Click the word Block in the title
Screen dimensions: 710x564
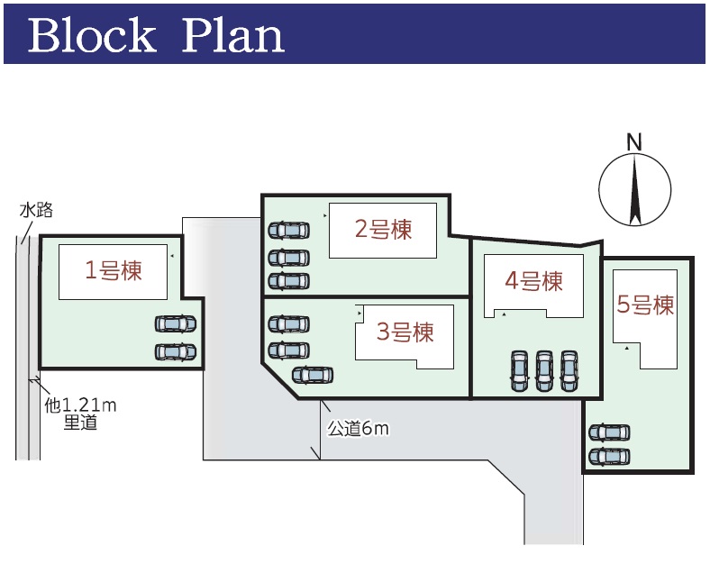coord(92,35)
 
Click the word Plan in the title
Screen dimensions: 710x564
coord(233,35)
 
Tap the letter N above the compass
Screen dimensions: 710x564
coord(634,142)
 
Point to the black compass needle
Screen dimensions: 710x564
coord(635,189)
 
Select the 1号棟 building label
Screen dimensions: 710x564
coord(114,270)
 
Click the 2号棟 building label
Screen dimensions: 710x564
coord(384,229)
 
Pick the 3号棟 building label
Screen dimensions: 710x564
coord(405,332)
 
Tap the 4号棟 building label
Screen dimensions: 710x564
coord(534,280)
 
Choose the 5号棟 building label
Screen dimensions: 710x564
coord(646,305)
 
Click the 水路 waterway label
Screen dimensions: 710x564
coord(36,210)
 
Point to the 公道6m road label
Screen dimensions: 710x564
coord(359,428)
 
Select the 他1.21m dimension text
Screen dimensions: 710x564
coord(80,405)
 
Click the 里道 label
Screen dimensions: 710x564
coord(80,423)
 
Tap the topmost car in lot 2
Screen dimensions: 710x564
coord(289,231)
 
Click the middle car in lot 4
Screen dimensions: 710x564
coord(544,370)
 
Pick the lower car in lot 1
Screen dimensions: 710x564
coord(176,352)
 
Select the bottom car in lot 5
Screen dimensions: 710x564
coord(609,457)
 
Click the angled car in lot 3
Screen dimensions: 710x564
coord(313,375)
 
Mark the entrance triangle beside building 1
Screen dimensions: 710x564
coord(172,256)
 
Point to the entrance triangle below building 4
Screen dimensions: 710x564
coord(504,314)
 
